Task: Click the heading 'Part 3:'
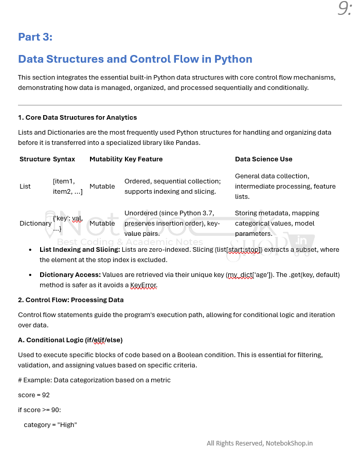pos(35,37)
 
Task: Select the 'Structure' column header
pos(35,159)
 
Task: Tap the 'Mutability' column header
pos(106,159)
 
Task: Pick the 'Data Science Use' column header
pos(264,159)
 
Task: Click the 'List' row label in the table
pos(25,187)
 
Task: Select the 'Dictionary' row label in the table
pos(35,224)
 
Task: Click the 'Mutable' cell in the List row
pos(102,187)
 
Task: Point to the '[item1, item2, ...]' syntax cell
pos(67,187)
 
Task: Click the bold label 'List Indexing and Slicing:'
pos(80,250)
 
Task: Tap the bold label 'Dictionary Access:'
pos(69,275)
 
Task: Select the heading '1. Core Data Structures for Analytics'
pos(77,118)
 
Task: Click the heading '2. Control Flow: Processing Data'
pos(71,300)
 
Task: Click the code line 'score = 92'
pos(34,395)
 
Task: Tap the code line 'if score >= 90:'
pos(40,410)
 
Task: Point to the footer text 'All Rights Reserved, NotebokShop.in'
pos(260,443)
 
